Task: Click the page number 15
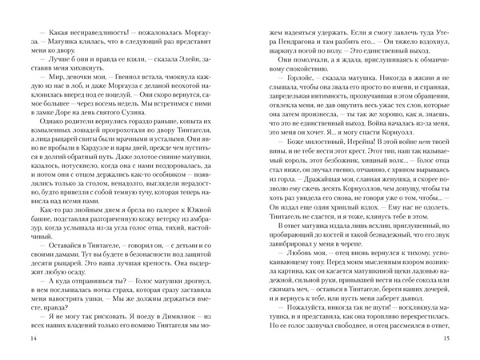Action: pos(466,343)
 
